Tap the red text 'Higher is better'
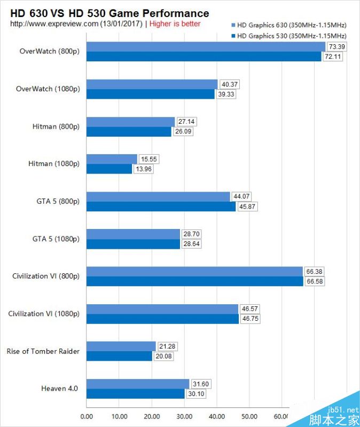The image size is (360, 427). click(x=175, y=23)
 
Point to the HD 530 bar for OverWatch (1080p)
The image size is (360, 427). click(x=150, y=94)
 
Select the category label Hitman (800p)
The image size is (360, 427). click(x=56, y=126)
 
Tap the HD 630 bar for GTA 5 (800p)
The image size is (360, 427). click(x=158, y=196)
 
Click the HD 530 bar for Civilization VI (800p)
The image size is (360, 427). click(x=194, y=281)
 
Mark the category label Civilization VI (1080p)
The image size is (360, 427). click(x=44, y=313)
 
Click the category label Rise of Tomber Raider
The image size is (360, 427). click(x=43, y=351)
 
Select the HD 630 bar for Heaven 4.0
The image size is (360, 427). click(x=137, y=384)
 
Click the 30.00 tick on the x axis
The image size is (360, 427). click(x=184, y=416)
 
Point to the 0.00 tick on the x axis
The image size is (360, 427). click(x=87, y=416)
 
